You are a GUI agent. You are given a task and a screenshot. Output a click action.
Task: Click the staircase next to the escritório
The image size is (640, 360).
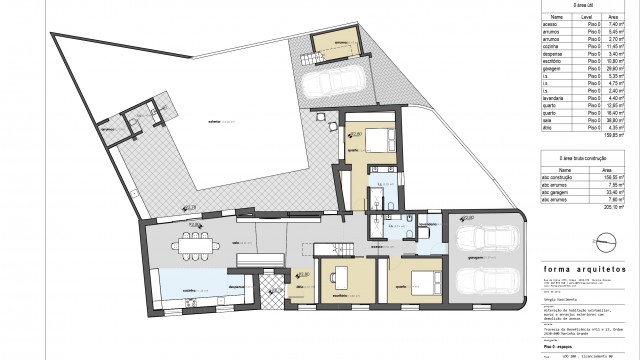tap(341, 246)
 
